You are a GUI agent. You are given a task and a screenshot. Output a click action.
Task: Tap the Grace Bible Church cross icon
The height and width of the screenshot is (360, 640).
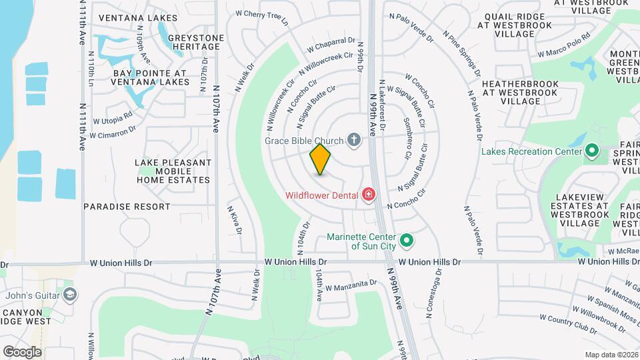click(353, 140)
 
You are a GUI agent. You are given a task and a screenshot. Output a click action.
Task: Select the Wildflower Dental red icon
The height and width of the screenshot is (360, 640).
click(367, 195)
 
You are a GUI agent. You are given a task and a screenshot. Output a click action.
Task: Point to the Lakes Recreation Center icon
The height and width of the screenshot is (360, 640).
click(591, 151)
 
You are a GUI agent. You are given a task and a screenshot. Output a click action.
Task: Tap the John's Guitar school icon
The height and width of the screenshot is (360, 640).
click(69, 295)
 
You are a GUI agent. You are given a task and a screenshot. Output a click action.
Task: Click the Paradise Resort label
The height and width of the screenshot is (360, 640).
click(127, 207)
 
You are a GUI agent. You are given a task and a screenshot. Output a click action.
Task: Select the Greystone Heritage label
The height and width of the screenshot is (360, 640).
click(194, 42)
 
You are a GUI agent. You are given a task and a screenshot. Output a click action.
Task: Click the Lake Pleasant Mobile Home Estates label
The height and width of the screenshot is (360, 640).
click(174, 171)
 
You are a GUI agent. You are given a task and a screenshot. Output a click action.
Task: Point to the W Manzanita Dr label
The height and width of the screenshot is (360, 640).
click(351, 286)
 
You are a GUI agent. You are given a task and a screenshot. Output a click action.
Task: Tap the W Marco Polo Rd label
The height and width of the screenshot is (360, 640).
click(564, 45)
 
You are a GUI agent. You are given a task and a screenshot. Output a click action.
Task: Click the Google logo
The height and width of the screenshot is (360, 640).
click(22, 351)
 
